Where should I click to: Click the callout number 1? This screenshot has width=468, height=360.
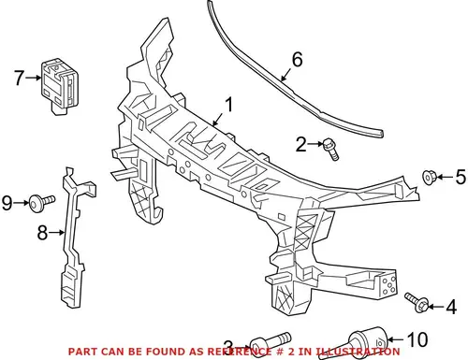229,105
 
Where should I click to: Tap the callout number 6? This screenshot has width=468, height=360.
297,60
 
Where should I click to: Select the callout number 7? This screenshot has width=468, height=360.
19,78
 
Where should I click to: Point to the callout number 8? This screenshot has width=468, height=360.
42,233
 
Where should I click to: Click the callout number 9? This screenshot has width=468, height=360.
7,203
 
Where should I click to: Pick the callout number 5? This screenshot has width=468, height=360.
461,177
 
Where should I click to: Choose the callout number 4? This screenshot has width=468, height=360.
451,307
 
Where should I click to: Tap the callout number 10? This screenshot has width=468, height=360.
418,339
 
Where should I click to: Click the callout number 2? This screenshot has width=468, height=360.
301,144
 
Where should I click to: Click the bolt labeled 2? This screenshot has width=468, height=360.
330,150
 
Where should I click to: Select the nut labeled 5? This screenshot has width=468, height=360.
429,177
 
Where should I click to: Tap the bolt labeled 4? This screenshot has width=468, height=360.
417,302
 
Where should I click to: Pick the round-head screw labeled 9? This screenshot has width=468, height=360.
41,202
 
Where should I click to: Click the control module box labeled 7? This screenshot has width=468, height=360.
60,86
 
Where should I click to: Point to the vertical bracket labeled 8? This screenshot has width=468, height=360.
75,237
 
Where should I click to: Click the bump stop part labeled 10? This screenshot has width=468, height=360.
368,342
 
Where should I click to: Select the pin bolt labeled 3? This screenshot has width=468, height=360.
271,343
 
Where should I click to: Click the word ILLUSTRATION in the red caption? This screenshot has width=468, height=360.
358,352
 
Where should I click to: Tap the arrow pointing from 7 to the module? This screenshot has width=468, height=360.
34,78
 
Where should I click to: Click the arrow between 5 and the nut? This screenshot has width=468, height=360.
445,177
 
